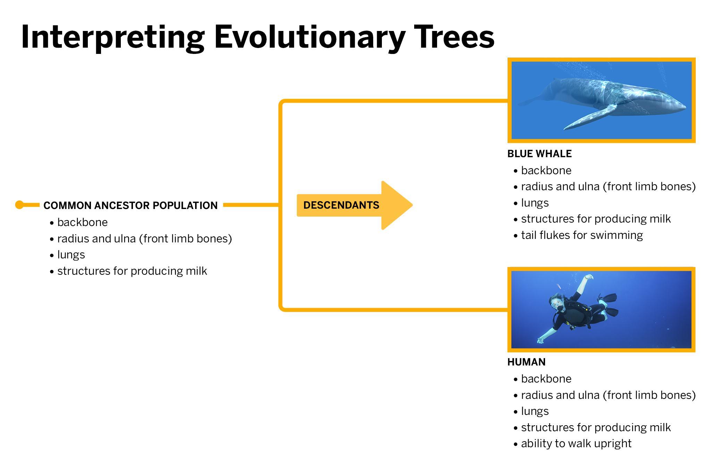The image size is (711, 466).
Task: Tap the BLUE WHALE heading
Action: (x=539, y=154)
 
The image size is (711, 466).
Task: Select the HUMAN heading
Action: (x=526, y=362)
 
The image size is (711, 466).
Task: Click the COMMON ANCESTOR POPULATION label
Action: (x=131, y=206)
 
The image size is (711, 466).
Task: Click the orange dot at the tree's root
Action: (x=19, y=205)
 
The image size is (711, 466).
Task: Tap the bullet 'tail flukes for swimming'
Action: (x=582, y=235)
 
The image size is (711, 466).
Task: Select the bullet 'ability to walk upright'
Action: (x=576, y=443)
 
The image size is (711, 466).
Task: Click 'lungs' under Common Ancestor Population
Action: (x=71, y=255)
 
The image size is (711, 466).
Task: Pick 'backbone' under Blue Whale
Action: (x=546, y=170)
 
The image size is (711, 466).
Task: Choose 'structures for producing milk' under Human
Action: (x=595, y=427)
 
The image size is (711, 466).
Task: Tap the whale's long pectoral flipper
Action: (x=590, y=117)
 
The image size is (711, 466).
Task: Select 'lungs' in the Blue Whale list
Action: (x=535, y=203)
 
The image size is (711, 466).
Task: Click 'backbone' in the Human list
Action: (x=546, y=379)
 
